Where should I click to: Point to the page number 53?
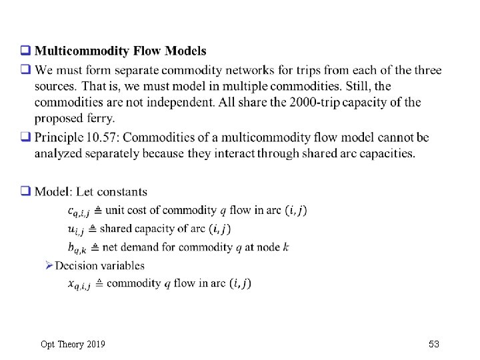[434, 344]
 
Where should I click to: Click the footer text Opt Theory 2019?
[73, 344]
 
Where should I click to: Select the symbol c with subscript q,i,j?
[78, 211]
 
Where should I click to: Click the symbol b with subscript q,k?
[77, 247]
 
